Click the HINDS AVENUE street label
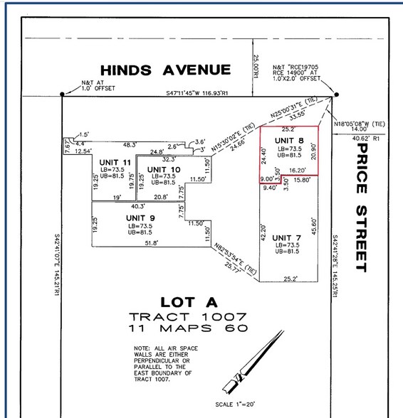(166, 70)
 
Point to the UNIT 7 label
(286, 237)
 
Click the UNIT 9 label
(140, 218)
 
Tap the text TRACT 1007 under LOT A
(188, 316)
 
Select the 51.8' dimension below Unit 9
(150, 243)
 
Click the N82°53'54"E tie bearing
(234, 254)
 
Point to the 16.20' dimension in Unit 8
(298, 171)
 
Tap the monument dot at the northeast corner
(336, 94)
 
